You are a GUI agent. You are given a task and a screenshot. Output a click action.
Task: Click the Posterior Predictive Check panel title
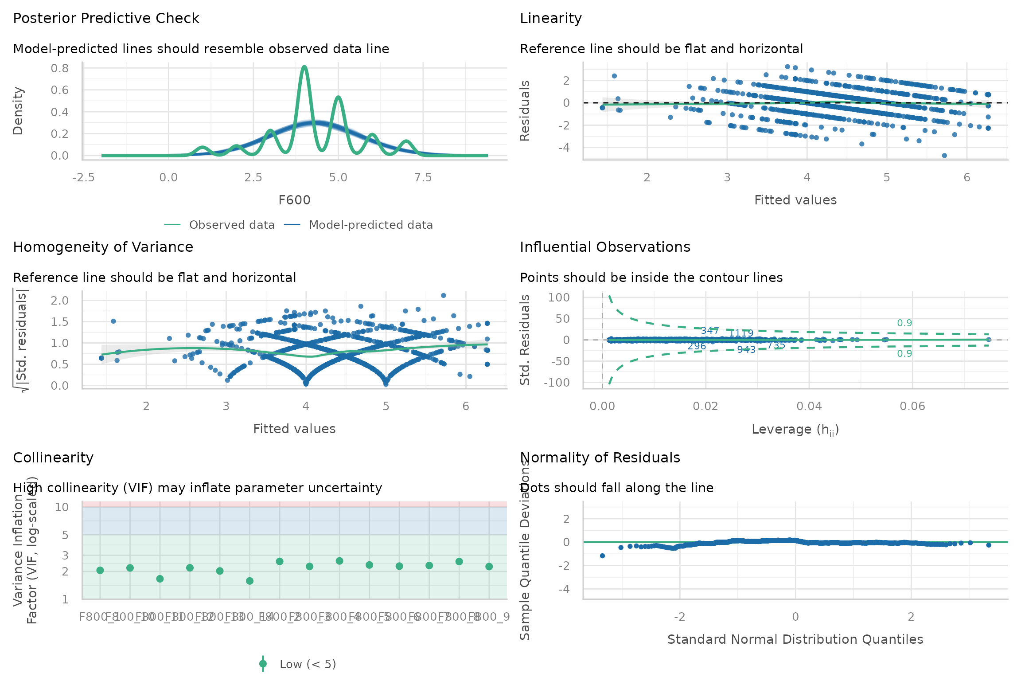pyautogui.click(x=106, y=18)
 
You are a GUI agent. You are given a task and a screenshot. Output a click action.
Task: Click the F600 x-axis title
pyautogui.click(x=294, y=200)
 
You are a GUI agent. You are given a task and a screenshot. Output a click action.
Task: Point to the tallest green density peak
pyautogui.click(x=304, y=67)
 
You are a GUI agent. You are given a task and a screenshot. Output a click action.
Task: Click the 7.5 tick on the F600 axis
pyautogui.click(x=423, y=178)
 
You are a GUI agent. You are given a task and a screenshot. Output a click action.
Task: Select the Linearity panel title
pyautogui.click(x=550, y=18)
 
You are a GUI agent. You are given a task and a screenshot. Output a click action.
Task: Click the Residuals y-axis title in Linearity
pyautogui.click(x=525, y=111)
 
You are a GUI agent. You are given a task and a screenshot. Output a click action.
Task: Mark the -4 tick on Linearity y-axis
pyautogui.click(x=564, y=147)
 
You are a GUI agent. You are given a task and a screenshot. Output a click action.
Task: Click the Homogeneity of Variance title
pyautogui.click(x=103, y=247)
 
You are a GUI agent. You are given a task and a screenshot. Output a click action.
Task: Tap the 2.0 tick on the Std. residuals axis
pyautogui.click(x=60, y=301)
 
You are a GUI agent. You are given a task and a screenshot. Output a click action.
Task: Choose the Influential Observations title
pyautogui.click(x=605, y=247)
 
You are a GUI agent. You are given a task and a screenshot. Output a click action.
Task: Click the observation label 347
pyautogui.click(x=709, y=330)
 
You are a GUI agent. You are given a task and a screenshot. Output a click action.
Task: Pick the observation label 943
pyautogui.click(x=746, y=350)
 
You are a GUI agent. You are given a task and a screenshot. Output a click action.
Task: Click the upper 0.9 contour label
pyautogui.click(x=904, y=323)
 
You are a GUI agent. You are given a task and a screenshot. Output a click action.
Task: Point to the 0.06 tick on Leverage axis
pyautogui.click(x=912, y=407)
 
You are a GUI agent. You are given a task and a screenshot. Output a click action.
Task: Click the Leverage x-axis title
pyautogui.click(x=795, y=429)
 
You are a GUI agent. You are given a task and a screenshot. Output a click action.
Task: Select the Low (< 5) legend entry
pyautogui.click(x=308, y=664)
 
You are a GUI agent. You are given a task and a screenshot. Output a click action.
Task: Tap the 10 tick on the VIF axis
pyautogui.click(x=62, y=507)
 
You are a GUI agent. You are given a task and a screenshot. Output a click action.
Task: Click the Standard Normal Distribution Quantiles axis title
pyautogui.click(x=795, y=639)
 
